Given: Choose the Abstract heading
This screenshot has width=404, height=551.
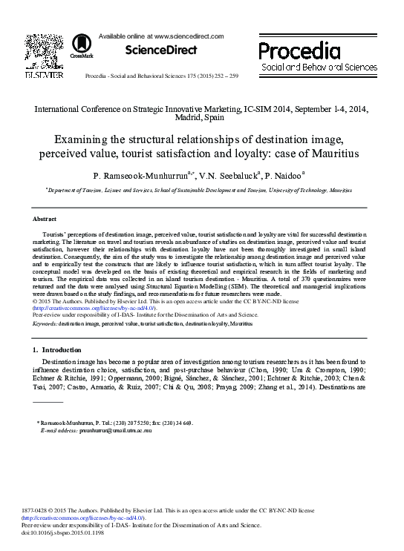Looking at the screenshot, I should [x=45, y=220].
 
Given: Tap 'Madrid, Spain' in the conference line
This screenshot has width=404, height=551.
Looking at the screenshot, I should [x=202, y=119].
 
